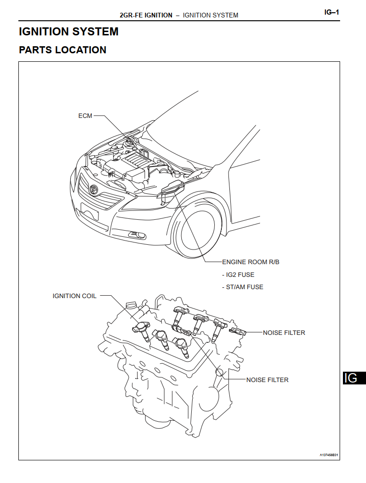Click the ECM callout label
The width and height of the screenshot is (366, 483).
tap(85, 116)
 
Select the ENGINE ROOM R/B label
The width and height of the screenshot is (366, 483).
tap(250, 262)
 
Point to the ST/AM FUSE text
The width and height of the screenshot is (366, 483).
tap(243, 287)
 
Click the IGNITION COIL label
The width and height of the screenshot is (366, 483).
tap(74, 296)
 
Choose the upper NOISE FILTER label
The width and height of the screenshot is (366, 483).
tap(284, 333)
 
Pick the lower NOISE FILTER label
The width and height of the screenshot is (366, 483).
tap(267, 380)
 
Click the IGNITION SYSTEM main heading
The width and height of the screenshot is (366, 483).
tap(69, 32)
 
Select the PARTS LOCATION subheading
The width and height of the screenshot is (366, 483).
tap(63, 50)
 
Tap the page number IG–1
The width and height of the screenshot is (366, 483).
tap(332, 13)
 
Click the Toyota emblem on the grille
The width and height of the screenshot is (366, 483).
tap(93, 189)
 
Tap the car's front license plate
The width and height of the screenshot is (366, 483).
tap(89, 210)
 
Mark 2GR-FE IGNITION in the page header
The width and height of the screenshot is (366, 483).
tap(146, 15)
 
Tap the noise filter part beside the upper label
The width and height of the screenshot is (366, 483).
tap(237, 331)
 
